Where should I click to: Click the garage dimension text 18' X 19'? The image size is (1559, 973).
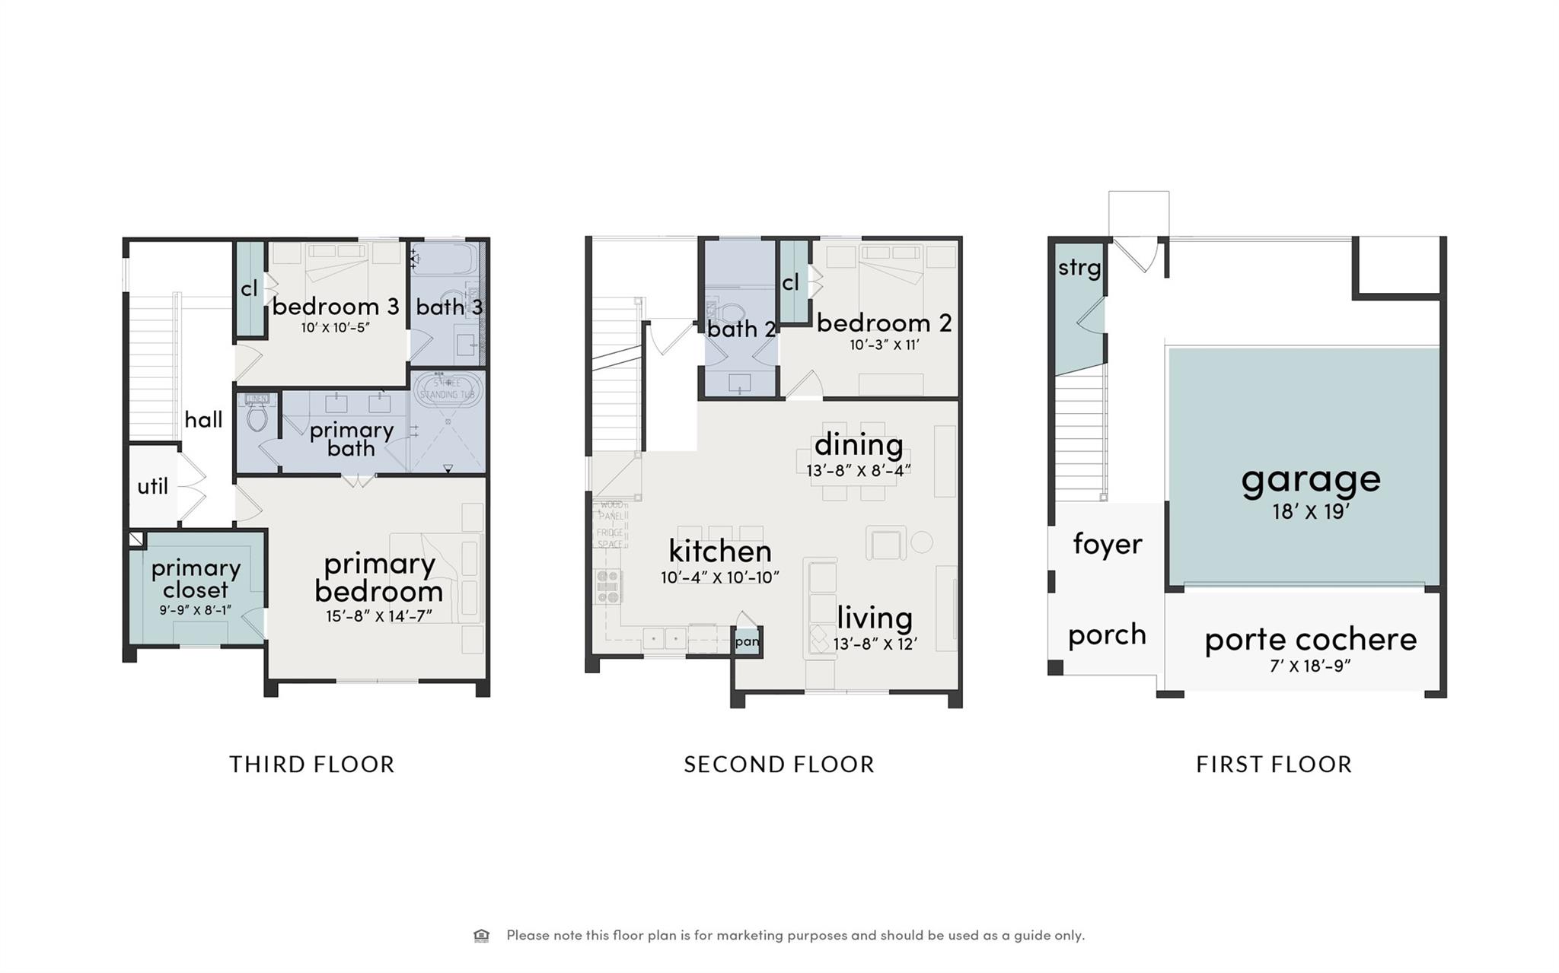(1310, 512)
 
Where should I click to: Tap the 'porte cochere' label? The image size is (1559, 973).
(1310, 640)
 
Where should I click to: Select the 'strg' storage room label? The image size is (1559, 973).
(1079, 268)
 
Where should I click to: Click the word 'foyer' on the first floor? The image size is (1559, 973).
(1107, 544)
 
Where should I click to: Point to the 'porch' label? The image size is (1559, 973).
(1106, 634)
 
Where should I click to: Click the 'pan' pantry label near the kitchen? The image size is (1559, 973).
(747, 641)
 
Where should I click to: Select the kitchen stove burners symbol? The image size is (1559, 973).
(608, 587)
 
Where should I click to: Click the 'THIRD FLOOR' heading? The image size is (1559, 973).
(312, 764)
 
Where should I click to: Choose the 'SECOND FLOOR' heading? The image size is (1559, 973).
(779, 764)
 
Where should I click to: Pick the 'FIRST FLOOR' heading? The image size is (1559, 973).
(1274, 764)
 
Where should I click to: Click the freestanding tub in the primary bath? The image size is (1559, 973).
(448, 389)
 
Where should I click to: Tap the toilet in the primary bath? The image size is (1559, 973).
(257, 416)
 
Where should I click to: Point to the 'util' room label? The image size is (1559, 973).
(152, 486)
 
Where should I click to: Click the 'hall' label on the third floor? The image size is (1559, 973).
(203, 419)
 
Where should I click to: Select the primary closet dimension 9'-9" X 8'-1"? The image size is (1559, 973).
(195, 609)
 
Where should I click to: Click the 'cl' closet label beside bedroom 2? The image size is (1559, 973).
(790, 283)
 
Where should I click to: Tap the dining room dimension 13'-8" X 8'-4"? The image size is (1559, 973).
(859, 471)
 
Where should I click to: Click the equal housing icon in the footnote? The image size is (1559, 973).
(481, 935)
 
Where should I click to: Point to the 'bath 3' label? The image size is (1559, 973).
(448, 307)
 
